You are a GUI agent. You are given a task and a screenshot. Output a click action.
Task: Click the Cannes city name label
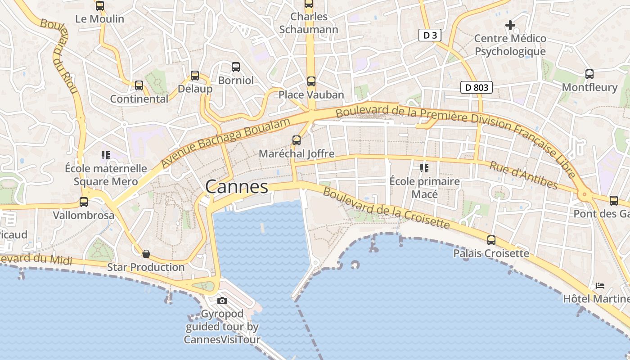236,187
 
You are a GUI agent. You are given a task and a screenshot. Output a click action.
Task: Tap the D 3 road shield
430,35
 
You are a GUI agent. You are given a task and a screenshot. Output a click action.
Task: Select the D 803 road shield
476,87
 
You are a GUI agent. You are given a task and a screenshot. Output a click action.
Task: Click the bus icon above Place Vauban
311,81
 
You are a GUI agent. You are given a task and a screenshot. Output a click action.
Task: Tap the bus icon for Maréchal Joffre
297,140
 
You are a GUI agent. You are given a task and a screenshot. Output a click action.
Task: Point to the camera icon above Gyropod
222,301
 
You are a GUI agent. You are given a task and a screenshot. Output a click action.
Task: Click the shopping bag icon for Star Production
146,254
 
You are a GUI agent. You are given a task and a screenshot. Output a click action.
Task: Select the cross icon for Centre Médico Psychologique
510,25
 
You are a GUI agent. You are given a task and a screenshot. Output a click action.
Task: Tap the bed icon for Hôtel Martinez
600,285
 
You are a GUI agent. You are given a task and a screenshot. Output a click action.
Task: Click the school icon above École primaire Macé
424,168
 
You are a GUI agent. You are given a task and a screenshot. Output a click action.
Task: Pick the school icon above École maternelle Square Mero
106,155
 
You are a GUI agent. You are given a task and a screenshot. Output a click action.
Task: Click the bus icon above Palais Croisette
491,240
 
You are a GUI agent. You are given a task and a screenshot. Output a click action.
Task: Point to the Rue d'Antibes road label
523,175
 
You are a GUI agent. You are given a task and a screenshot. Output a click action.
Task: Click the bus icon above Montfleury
589,74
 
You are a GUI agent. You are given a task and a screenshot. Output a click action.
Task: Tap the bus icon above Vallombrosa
84,202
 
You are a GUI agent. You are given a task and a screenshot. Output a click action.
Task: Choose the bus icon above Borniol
235,67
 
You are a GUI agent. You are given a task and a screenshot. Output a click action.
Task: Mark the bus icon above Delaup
194,75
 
